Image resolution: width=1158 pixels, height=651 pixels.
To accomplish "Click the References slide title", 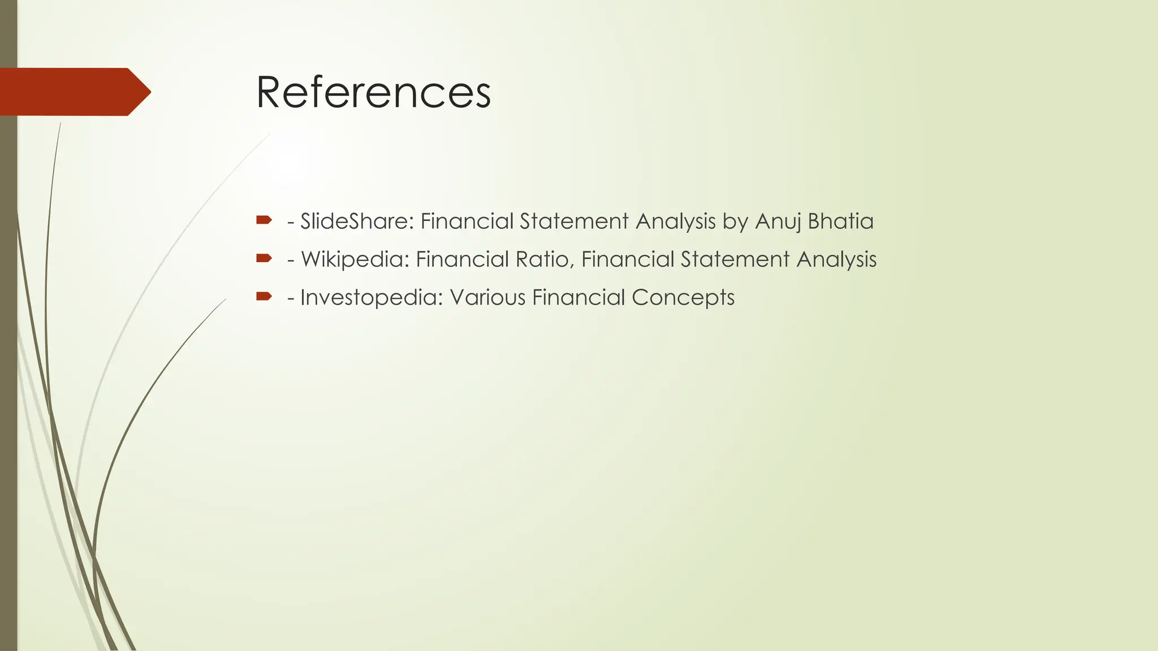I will click(x=373, y=92).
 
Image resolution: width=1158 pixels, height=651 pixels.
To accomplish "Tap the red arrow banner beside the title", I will click(x=74, y=92).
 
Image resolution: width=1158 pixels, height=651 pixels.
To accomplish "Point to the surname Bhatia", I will click(x=841, y=221).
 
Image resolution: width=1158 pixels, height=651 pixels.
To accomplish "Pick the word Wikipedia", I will click(x=355, y=259).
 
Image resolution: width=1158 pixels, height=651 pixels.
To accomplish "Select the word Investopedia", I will click(x=371, y=297).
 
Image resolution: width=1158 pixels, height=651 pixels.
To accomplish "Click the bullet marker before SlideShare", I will click(x=264, y=220).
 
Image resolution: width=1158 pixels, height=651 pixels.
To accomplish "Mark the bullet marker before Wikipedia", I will click(x=264, y=258).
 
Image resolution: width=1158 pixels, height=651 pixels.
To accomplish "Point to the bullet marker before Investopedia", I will click(x=264, y=296).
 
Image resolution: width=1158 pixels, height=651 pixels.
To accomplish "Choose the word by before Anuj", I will click(x=736, y=221).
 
